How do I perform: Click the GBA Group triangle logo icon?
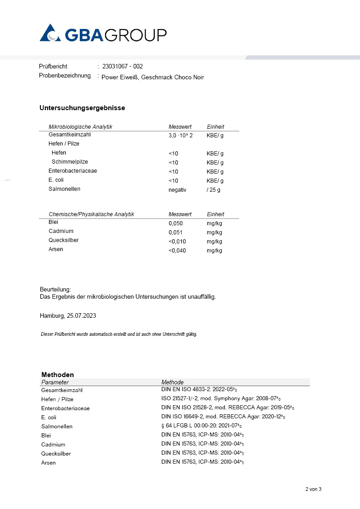tap(50, 34)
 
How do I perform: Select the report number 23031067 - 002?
tap(122, 66)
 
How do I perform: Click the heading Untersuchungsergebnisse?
tap(82, 108)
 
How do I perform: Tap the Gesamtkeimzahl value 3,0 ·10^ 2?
tap(180, 136)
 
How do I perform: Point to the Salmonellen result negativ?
tap(177, 190)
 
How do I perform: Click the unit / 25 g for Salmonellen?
tap(214, 190)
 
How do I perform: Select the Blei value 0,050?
tap(176, 223)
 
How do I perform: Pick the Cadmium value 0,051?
tap(176, 233)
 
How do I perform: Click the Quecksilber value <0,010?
tap(177, 242)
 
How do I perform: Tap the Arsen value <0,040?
tap(177, 251)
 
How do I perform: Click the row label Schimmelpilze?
tap(70, 162)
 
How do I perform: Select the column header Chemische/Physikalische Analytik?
tap(91, 214)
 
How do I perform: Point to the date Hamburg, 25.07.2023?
tap(68, 315)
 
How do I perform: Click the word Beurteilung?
tap(55, 289)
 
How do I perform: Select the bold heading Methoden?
tap(58, 375)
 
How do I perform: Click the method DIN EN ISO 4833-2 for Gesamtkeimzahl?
tap(199, 389)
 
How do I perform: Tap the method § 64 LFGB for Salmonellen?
tap(199, 426)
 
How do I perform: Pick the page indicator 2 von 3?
tap(313, 489)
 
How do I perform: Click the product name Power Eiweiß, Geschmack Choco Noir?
tap(153, 77)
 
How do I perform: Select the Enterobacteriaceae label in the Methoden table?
tap(65, 408)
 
